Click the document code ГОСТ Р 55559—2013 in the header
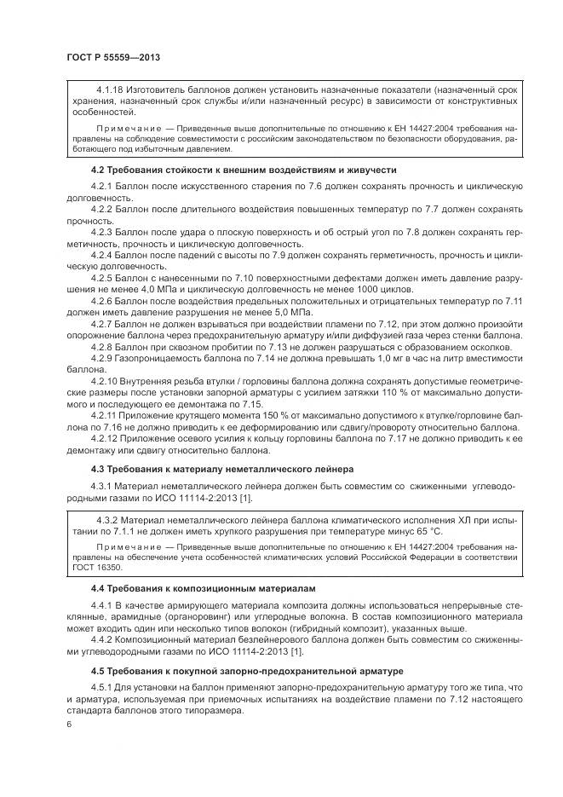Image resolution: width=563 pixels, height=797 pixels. (113, 56)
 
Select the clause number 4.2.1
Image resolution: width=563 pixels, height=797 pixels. (103, 187)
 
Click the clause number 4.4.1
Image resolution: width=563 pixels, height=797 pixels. (103, 605)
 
